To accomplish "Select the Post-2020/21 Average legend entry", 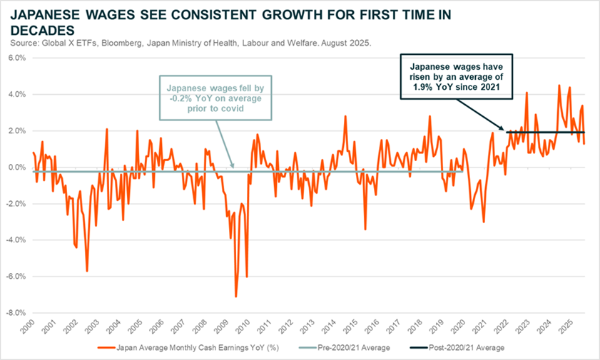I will (x=476, y=348).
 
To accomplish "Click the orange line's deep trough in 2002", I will (x=87, y=271).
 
